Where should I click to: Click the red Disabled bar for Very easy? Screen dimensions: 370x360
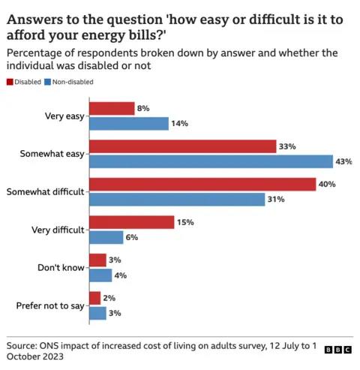point(112,109)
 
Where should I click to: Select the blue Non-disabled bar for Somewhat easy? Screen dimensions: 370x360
point(211,161)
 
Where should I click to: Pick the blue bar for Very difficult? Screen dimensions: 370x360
point(106,237)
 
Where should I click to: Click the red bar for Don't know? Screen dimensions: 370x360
point(97,260)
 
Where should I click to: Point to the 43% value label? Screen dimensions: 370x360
point(345,161)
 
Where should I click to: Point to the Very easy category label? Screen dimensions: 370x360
point(65,116)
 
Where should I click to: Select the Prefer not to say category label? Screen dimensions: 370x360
point(49,306)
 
